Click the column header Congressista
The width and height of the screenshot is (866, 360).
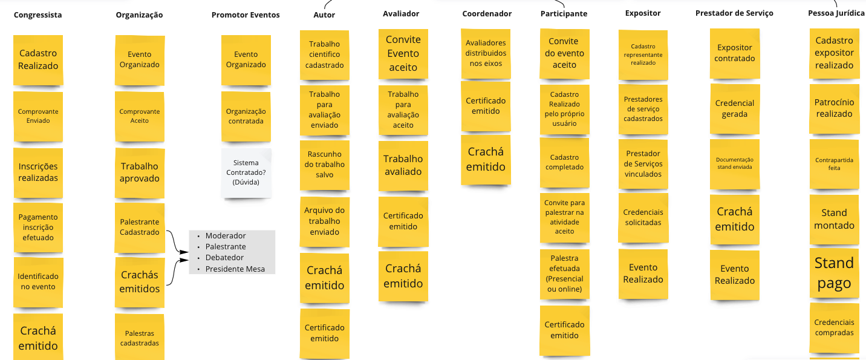click(x=37, y=15)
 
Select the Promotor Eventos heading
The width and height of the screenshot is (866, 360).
click(x=246, y=15)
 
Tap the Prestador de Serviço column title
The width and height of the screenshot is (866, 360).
click(x=734, y=13)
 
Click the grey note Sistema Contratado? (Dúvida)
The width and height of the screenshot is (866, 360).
click(x=246, y=172)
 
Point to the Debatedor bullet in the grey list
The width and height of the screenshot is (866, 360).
click(x=224, y=258)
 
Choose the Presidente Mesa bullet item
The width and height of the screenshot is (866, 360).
click(x=235, y=269)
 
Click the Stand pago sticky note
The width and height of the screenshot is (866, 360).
click(x=834, y=273)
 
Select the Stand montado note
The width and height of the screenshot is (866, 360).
click(x=834, y=219)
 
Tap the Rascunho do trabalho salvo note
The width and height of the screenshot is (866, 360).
click(x=325, y=165)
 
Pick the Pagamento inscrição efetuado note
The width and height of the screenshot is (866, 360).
click(x=38, y=227)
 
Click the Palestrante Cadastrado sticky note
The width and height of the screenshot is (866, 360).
click(x=140, y=227)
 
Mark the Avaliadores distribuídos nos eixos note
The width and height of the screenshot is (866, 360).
click(x=486, y=53)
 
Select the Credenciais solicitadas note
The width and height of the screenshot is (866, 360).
click(x=643, y=217)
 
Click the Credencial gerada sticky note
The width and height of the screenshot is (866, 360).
click(x=735, y=109)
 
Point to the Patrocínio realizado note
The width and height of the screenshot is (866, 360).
click(x=834, y=108)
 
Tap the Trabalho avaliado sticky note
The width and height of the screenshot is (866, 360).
click(x=403, y=165)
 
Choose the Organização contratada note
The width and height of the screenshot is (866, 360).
click(x=246, y=116)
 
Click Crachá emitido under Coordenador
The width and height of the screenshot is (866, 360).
click(x=486, y=159)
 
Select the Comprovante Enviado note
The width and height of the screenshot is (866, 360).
click(x=38, y=116)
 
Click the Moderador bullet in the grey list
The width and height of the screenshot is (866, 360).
click(x=226, y=235)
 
